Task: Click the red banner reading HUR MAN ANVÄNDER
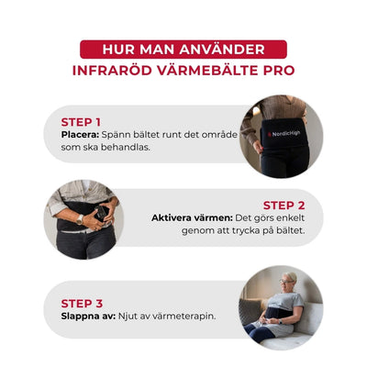coord(183,49)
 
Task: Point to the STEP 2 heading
coord(284,205)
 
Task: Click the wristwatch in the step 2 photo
coord(80,219)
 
